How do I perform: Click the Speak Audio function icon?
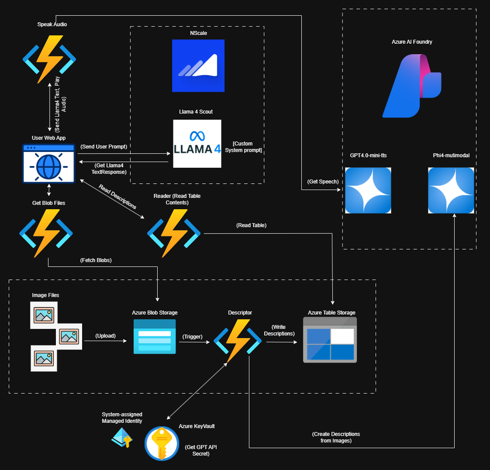click(49, 59)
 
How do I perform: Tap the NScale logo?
click(198, 66)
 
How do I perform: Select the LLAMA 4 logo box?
click(197, 144)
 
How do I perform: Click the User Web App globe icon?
click(48, 163)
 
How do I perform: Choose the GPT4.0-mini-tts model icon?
click(368, 190)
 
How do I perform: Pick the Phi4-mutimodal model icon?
click(451, 190)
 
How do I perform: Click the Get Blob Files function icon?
click(46, 233)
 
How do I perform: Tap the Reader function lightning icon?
click(174, 233)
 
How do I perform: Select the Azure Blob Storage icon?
click(155, 336)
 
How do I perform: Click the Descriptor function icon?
click(238, 341)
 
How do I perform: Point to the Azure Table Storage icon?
click(330, 340)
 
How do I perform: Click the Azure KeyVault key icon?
click(162, 443)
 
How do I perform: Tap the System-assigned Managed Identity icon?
click(122, 437)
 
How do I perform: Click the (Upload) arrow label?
click(106, 336)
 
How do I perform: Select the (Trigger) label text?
click(193, 337)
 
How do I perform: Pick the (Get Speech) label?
click(323, 182)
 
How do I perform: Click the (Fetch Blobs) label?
click(96, 260)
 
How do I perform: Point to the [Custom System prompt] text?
click(243, 147)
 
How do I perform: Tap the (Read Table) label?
click(252, 225)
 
